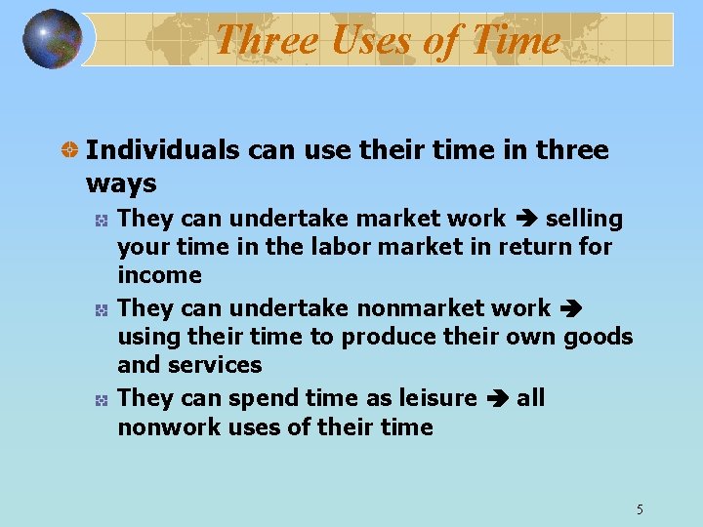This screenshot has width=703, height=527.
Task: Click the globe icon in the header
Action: click(53, 39)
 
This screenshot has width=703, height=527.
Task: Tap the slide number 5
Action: click(640, 508)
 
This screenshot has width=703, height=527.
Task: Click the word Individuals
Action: click(163, 150)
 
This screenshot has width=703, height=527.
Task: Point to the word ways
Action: click(121, 183)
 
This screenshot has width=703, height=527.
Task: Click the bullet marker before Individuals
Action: click(69, 151)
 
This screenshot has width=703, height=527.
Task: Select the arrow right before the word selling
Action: click(525, 219)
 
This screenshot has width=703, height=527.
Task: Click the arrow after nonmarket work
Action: click(571, 308)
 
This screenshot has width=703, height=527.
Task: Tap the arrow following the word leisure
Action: click(497, 398)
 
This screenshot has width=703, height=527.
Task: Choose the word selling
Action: click(584, 219)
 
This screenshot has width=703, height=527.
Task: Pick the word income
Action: click(159, 275)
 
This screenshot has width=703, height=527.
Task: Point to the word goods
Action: click(600, 337)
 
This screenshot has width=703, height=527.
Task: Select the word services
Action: click(217, 365)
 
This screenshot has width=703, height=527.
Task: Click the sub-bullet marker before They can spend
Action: click(101, 399)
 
